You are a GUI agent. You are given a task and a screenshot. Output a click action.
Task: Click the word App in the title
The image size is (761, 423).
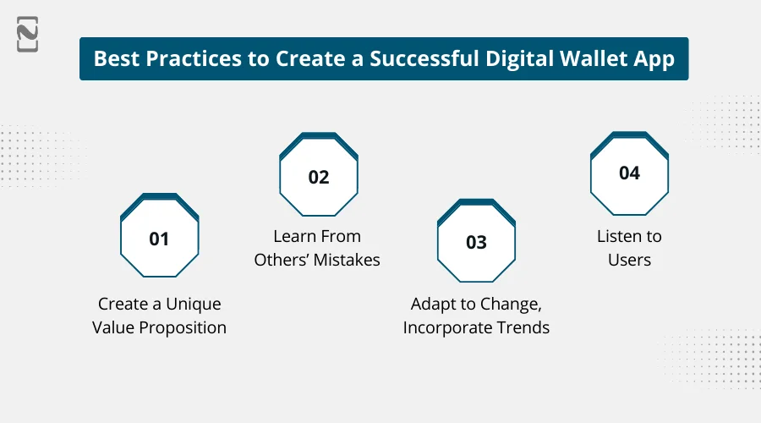pyautogui.click(x=654, y=59)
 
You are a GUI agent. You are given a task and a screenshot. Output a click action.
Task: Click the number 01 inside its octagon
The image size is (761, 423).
pyautogui.click(x=159, y=239)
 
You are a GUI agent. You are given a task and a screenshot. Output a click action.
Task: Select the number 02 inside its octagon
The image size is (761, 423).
pyautogui.click(x=318, y=178)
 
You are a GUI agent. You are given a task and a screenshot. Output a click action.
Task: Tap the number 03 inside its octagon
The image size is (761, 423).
pyautogui.click(x=476, y=243)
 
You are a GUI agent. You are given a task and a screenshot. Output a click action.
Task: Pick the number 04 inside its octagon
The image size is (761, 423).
pyautogui.click(x=629, y=173)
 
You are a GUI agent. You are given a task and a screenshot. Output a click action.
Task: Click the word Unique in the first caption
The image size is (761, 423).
pyautogui.click(x=194, y=304)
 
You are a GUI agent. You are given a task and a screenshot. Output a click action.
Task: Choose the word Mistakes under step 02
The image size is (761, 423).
pyautogui.click(x=347, y=260)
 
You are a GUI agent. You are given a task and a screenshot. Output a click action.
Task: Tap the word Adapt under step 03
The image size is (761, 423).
pyautogui.click(x=433, y=304)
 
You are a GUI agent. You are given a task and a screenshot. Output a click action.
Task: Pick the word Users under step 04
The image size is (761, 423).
pyautogui.click(x=629, y=260)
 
